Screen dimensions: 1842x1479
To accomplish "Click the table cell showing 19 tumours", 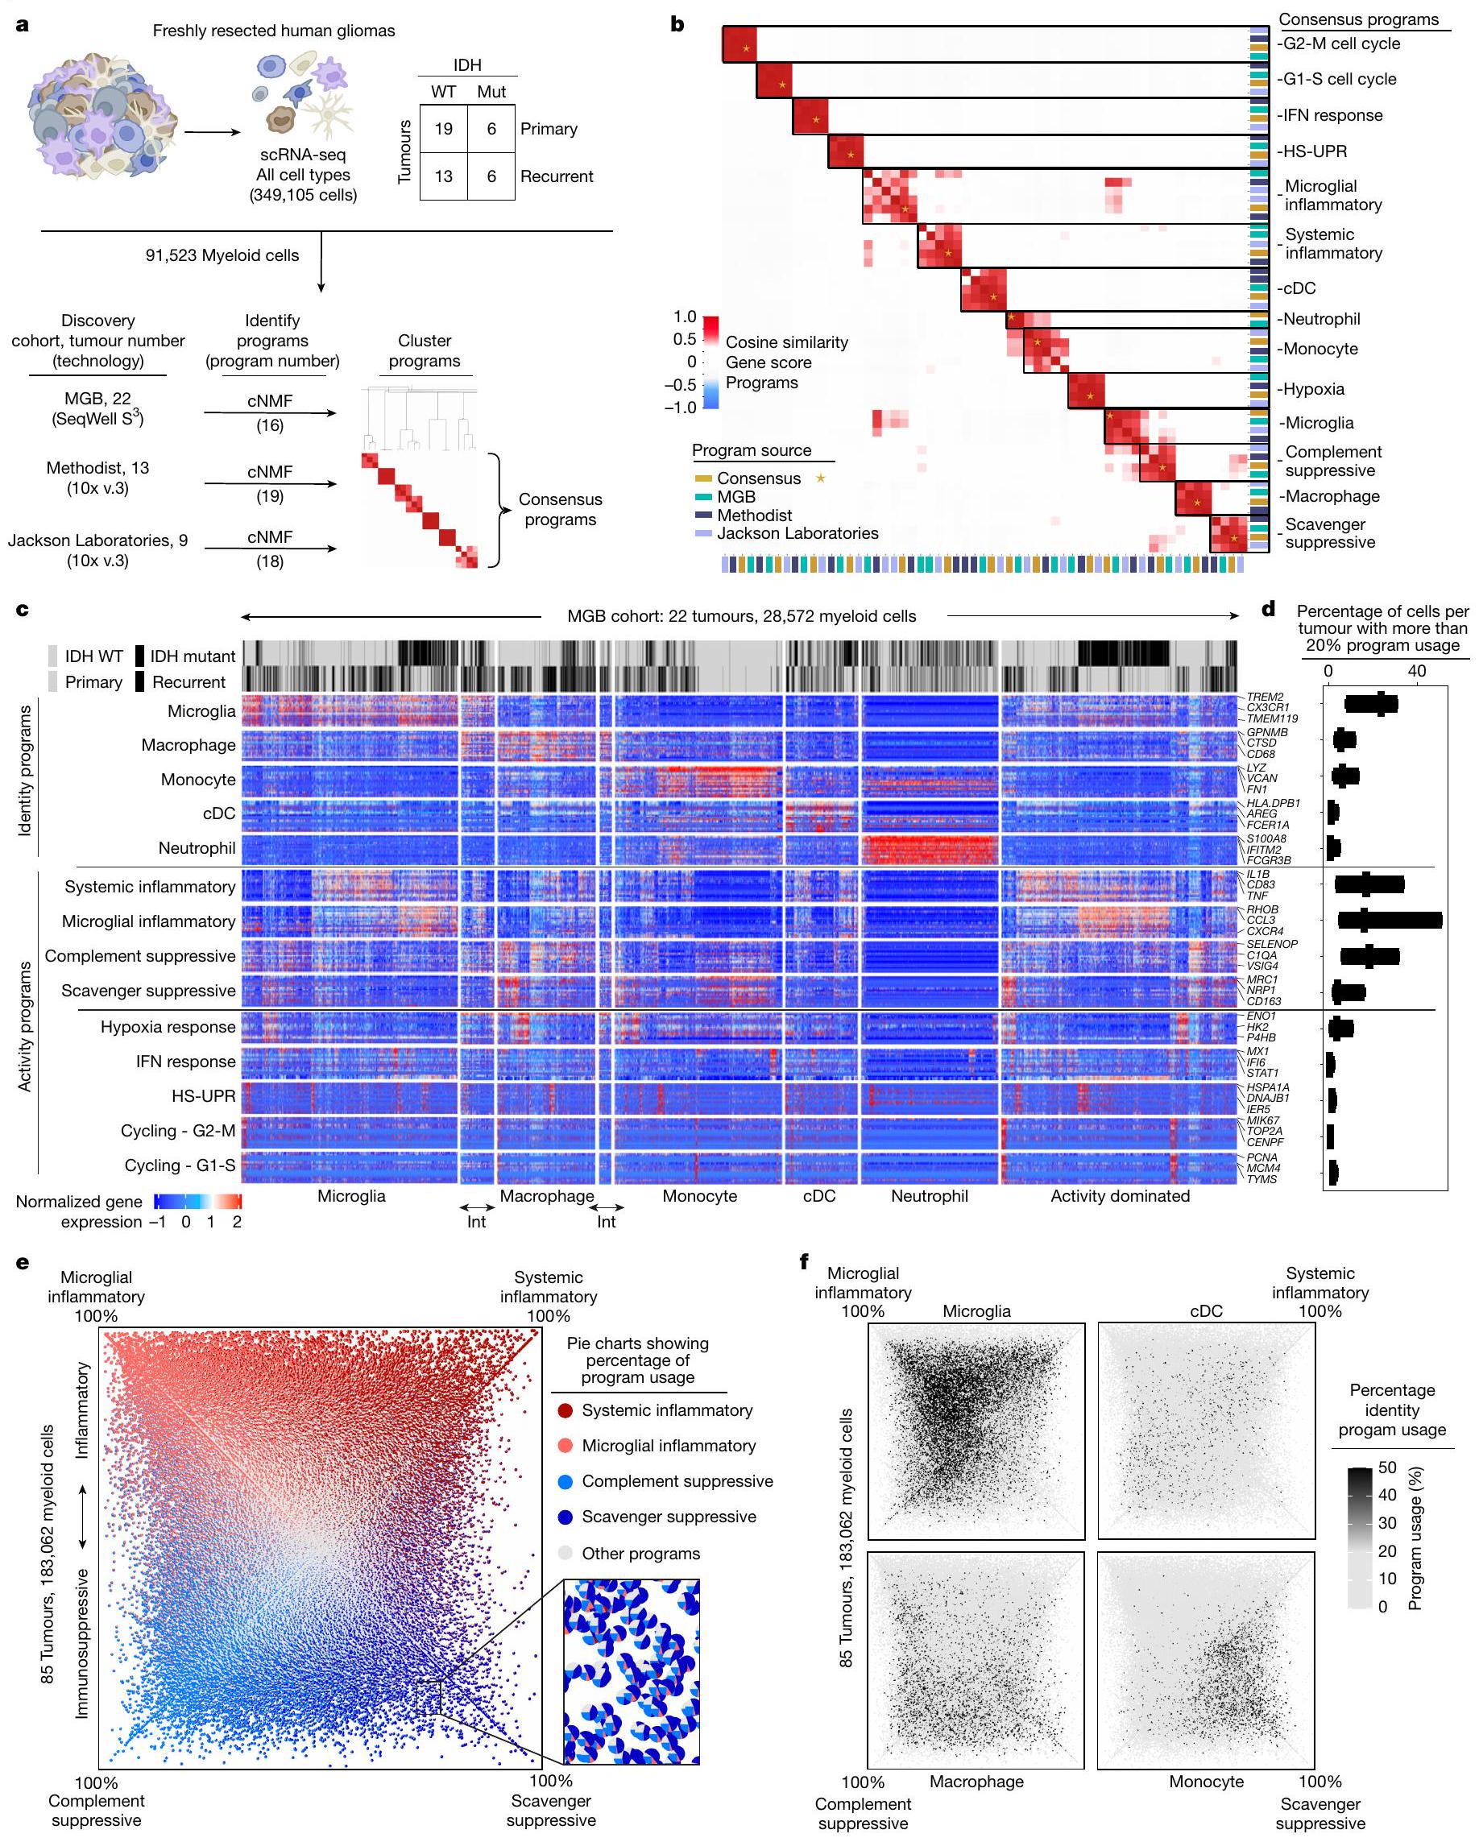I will pos(442,129).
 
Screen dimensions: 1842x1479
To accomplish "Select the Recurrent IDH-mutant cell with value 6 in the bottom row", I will pos(491,176).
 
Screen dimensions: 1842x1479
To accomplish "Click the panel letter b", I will pos(677,24).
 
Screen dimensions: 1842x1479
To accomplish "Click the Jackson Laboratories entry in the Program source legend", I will pos(797,533).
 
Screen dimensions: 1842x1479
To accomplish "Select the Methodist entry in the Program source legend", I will pos(754,515).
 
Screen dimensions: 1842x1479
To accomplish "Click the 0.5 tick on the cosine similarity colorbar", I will pos(685,339).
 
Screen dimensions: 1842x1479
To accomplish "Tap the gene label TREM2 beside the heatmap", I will pos(1264,697).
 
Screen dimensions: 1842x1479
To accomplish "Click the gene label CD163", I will pos(1263,1001).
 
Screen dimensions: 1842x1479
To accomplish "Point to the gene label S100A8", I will pos(1266,839).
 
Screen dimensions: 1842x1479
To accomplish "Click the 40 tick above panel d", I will pos(1416,671).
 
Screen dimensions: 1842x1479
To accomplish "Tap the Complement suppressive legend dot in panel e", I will pos(565,1480).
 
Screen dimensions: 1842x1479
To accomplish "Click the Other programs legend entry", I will pos(640,1552).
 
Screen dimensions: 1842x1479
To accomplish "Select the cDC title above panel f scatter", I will pos(1206,1310).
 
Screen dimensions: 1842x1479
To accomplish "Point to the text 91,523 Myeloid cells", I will pos(222,255).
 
